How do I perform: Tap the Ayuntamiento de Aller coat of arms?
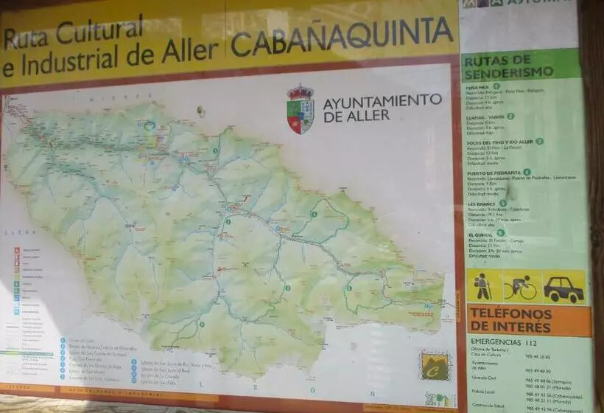pyautogui.click(x=300, y=108)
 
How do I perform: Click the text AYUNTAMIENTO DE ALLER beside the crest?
pyautogui.click(x=382, y=107)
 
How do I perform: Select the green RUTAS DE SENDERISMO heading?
pyautogui.click(x=509, y=65)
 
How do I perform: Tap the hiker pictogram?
pyautogui.click(x=483, y=285)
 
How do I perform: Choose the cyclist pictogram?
pyautogui.click(x=521, y=286)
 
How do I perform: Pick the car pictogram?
pyautogui.click(x=563, y=287)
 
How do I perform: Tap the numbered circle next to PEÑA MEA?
pyautogui.click(x=496, y=86)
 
